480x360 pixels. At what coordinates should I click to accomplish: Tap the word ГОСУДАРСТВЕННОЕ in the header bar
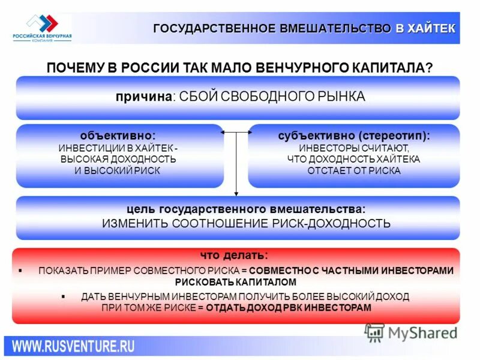click(215, 28)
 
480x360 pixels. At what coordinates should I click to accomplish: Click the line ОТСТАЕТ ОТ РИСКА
click(354, 170)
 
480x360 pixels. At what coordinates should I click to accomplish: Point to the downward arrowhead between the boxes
click(236, 193)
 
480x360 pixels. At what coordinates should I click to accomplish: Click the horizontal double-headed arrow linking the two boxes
click(236, 132)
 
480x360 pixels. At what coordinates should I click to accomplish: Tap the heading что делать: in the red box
click(235, 254)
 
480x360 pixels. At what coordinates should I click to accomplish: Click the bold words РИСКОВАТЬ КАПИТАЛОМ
click(236, 281)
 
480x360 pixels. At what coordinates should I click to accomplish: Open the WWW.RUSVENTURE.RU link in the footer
click(74, 346)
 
